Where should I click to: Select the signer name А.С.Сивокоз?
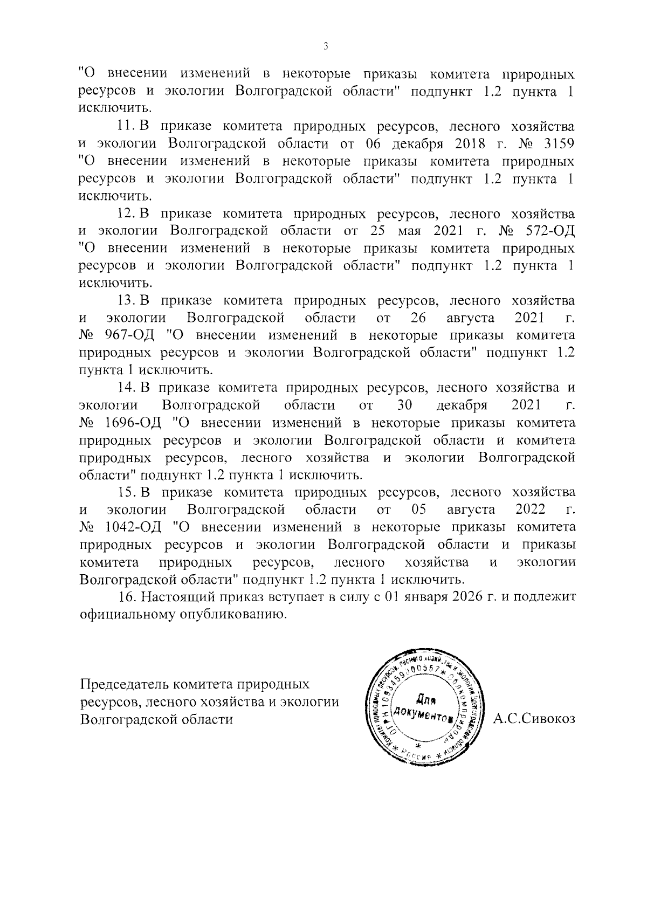point(534,719)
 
